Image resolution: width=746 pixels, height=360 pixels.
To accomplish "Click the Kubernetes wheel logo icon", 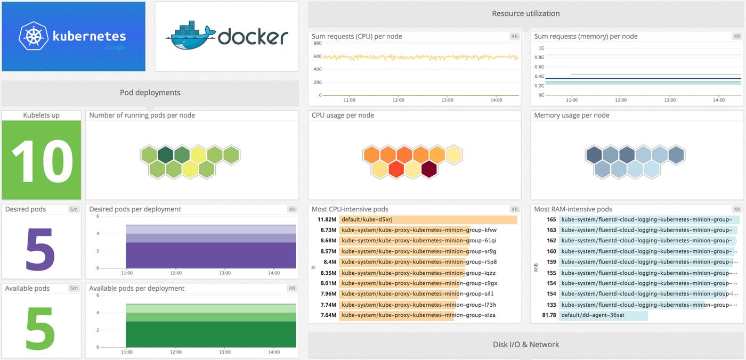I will tap(34, 36).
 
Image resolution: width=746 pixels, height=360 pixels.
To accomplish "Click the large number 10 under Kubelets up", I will tap(42, 161).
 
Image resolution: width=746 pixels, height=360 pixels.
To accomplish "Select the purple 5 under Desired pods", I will tap(40, 249).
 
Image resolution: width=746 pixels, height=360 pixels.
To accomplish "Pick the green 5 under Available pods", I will tap(40, 326).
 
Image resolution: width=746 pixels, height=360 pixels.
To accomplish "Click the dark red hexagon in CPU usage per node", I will tap(429, 169).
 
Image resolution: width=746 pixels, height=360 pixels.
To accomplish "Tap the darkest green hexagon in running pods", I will tap(166, 155).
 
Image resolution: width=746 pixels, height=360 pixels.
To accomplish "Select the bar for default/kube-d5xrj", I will tap(428, 219).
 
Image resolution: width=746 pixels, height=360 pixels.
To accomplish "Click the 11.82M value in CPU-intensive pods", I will tap(327, 219).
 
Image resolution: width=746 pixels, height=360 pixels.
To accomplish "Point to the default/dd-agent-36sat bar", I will tap(603, 315).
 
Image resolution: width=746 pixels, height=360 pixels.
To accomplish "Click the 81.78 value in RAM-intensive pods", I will tap(549, 315).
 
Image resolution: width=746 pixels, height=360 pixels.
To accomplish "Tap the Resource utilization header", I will tap(525, 14).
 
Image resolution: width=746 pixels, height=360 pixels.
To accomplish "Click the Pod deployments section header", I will tap(150, 93).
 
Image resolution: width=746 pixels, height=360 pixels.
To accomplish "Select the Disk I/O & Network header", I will tap(525, 345).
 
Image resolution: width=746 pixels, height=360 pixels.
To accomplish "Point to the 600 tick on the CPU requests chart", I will tap(318, 56).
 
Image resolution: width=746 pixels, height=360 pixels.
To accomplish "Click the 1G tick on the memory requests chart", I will tap(541, 48).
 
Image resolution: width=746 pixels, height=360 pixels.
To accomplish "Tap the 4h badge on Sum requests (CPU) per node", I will tap(514, 36).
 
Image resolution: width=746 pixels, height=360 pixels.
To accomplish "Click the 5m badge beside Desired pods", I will tap(74, 209).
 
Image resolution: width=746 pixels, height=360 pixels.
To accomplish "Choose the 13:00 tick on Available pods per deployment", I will tap(225, 353).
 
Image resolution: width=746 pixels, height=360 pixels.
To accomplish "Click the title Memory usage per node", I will tap(571, 115).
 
